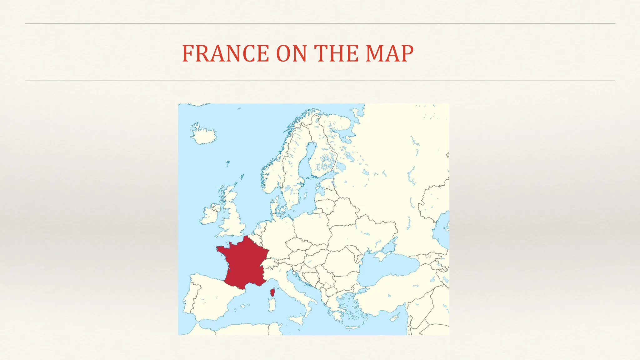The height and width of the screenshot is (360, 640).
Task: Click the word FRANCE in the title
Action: (225, 53)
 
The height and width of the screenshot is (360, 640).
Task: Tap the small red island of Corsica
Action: (272, 292)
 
